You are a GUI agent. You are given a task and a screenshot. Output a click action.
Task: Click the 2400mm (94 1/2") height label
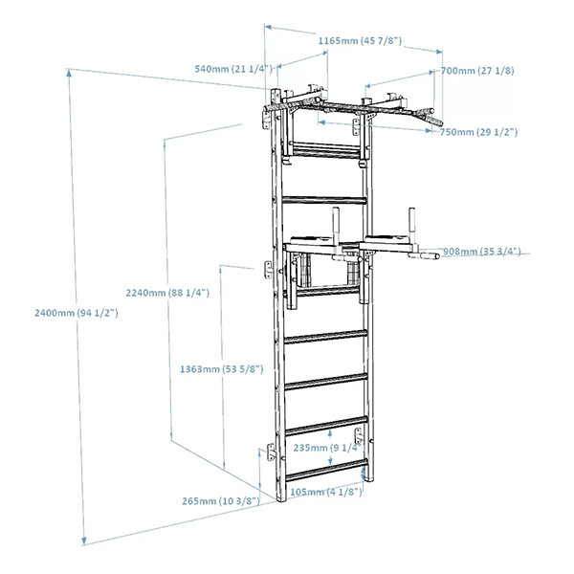tap(74, 312)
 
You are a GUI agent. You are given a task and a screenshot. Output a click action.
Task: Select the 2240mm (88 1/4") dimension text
tap(167, 292)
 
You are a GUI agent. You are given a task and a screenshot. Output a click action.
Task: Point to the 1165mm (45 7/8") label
tap(360, 41)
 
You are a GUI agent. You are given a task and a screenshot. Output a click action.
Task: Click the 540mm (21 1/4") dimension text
tap(233, 69)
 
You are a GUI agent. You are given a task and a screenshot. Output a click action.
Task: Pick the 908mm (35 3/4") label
tap(482, 253)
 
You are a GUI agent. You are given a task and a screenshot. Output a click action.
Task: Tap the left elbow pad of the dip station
tap(307, 241)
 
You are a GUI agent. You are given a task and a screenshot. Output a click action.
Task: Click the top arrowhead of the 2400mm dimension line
tap(70, 70)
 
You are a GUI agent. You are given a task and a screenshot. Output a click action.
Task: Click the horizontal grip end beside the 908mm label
tap(422, 255)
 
